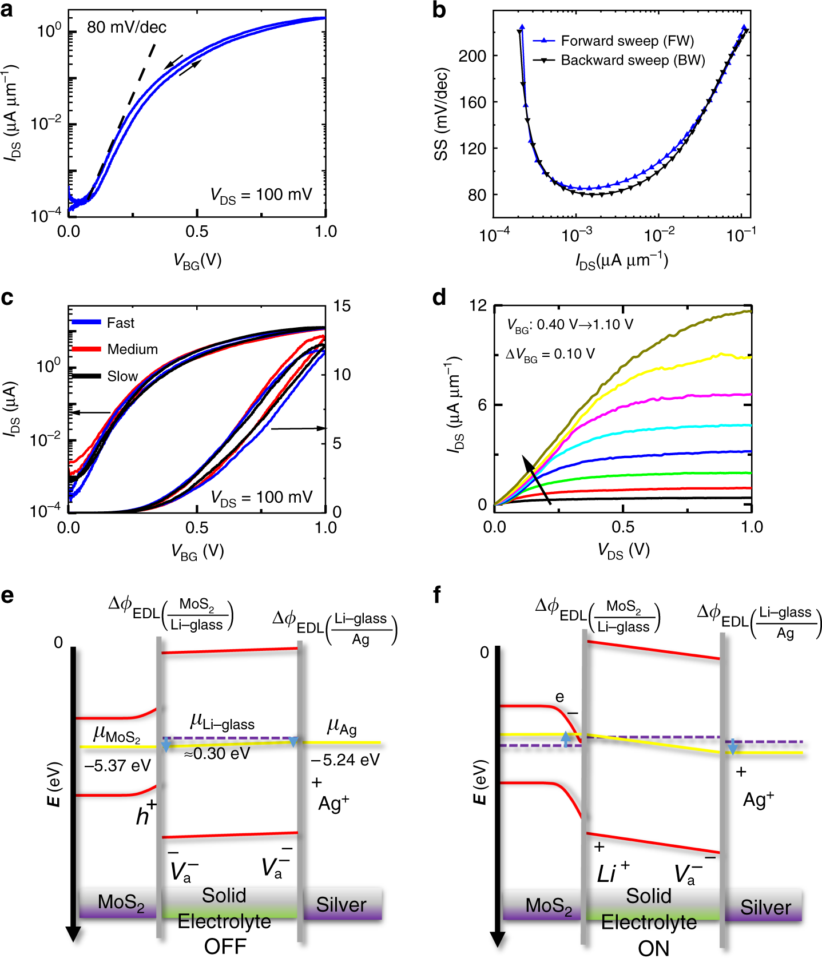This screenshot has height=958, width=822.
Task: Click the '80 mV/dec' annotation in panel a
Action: click(x=126, y=27)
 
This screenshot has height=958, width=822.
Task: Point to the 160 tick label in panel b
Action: click(x=472, y=102)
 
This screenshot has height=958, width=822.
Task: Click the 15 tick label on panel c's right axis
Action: click(x=341, y=306)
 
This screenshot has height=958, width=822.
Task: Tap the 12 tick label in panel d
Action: click(x=478, y=305)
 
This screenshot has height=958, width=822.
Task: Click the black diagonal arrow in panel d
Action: click(x=536, y=479)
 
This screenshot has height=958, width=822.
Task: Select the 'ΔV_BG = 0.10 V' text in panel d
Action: click(x=550, y=355)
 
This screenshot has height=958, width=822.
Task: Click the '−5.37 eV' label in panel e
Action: click(x=117, y=765)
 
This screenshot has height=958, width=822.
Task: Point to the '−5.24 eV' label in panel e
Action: click(x=345, y=760)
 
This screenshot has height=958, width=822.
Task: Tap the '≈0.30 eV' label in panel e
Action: click(x=217, y=754)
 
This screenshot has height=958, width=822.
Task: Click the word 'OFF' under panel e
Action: click(x=225, y=946)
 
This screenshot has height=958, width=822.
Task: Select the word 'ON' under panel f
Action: click(x=653, y=948)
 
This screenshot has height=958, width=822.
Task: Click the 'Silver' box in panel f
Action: click(x=765, y=907)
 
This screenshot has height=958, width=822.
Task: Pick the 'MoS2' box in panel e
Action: click(x=121, y=903)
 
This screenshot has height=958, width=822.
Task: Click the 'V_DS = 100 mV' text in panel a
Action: click(x=261, y=195)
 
